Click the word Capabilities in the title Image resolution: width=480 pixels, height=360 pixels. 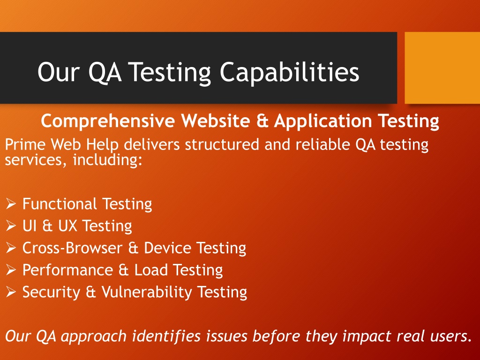pyautogui.click(x=289, y=72)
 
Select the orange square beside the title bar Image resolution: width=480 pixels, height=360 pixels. pyautogui.click(x=442, y=67)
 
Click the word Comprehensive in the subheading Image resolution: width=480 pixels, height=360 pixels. pyautogui.click(x=108, y=120)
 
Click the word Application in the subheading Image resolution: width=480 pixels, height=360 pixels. pyautogui.click(x=323, y=120)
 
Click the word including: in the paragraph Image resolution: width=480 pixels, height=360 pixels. pyautogui.click(x=108, y=159)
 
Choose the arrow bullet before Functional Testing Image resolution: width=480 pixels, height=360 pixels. pyautogui.click(x=11, y=203)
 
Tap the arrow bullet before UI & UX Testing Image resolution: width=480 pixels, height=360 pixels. pyautogui.click(x=11, y=225)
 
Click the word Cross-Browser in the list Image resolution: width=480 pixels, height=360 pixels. pyautogui.click(x=72, y=247)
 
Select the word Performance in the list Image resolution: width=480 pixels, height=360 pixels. pyautogui.click(x=67, y=270)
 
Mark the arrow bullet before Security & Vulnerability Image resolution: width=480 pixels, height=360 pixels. pyautogui.click(x=11, y=292)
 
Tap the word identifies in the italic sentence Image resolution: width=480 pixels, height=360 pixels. pyautogui.click(x=166, y=336)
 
